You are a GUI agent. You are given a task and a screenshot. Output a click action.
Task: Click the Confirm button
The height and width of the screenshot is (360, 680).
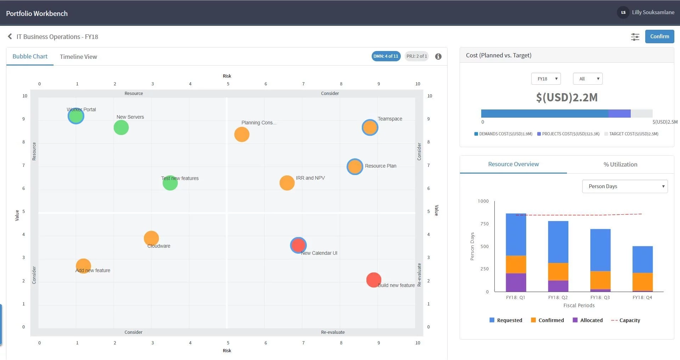coord(659,36)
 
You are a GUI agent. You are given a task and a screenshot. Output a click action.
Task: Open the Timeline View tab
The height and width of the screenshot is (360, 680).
coord(78,57)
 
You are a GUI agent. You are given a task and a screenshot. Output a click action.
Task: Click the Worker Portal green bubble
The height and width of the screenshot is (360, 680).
coord(76,116)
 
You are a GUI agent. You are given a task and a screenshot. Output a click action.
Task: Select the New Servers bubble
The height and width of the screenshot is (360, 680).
coord(121,128)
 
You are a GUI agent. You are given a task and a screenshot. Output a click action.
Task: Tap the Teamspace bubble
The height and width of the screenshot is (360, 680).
coord(370,128)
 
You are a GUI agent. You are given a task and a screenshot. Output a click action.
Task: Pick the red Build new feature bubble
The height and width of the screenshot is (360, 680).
coord(373,280)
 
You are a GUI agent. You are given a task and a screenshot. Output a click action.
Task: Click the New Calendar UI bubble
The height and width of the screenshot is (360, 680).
coord(298,245)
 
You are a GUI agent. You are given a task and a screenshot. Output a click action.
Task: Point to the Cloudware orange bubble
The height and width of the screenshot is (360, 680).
coord(151,238)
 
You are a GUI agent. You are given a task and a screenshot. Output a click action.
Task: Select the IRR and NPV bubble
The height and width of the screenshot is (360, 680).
coord(287,183)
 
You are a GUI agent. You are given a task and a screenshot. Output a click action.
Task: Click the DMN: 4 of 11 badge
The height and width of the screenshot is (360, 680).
coord(386,56)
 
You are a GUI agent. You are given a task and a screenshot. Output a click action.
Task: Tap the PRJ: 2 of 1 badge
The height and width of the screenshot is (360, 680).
coord(416,56)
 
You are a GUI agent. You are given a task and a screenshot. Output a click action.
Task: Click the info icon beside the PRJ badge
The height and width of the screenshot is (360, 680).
coord(438,56)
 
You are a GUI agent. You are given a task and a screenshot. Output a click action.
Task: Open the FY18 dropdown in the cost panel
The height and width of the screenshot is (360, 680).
coord(546,79)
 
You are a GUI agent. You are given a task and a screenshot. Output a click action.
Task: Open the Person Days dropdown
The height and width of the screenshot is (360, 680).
coord(625,186)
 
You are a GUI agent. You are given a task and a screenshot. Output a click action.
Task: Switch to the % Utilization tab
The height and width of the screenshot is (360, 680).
coord(620,164)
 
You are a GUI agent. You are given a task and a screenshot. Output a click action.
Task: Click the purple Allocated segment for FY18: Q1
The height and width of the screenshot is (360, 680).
coord(516,282)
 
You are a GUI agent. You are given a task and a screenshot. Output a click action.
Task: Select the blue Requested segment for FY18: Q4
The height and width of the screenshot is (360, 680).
coord(642,259)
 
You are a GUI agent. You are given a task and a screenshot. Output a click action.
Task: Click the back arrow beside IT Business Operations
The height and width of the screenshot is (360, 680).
coord(10,36)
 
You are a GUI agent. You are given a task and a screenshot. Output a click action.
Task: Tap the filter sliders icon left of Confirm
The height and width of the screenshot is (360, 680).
coord(635,37)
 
